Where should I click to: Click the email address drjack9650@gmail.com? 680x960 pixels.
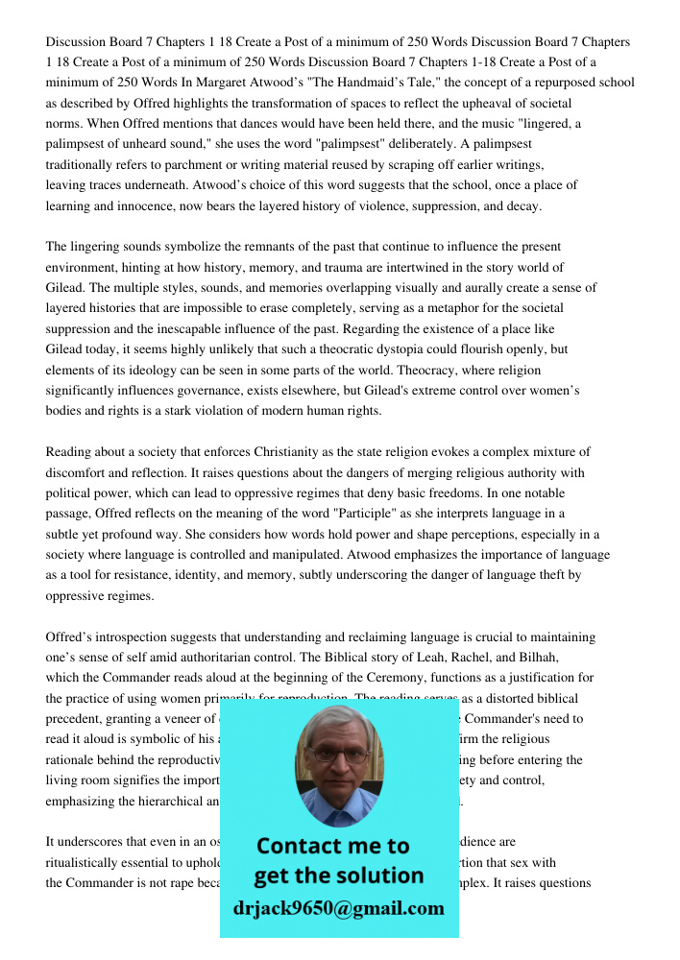tap(338, 908)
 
